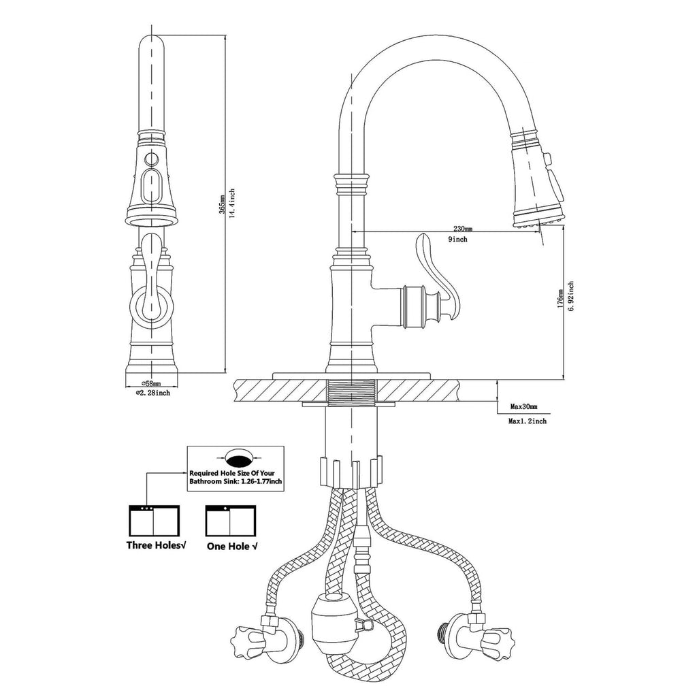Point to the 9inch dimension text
(x=458, y=239)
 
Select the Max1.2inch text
(x=528, y=421)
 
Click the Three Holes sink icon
(x=154, y=521)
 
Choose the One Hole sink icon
(x=231, y=521)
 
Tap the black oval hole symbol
(x=238, y=455)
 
